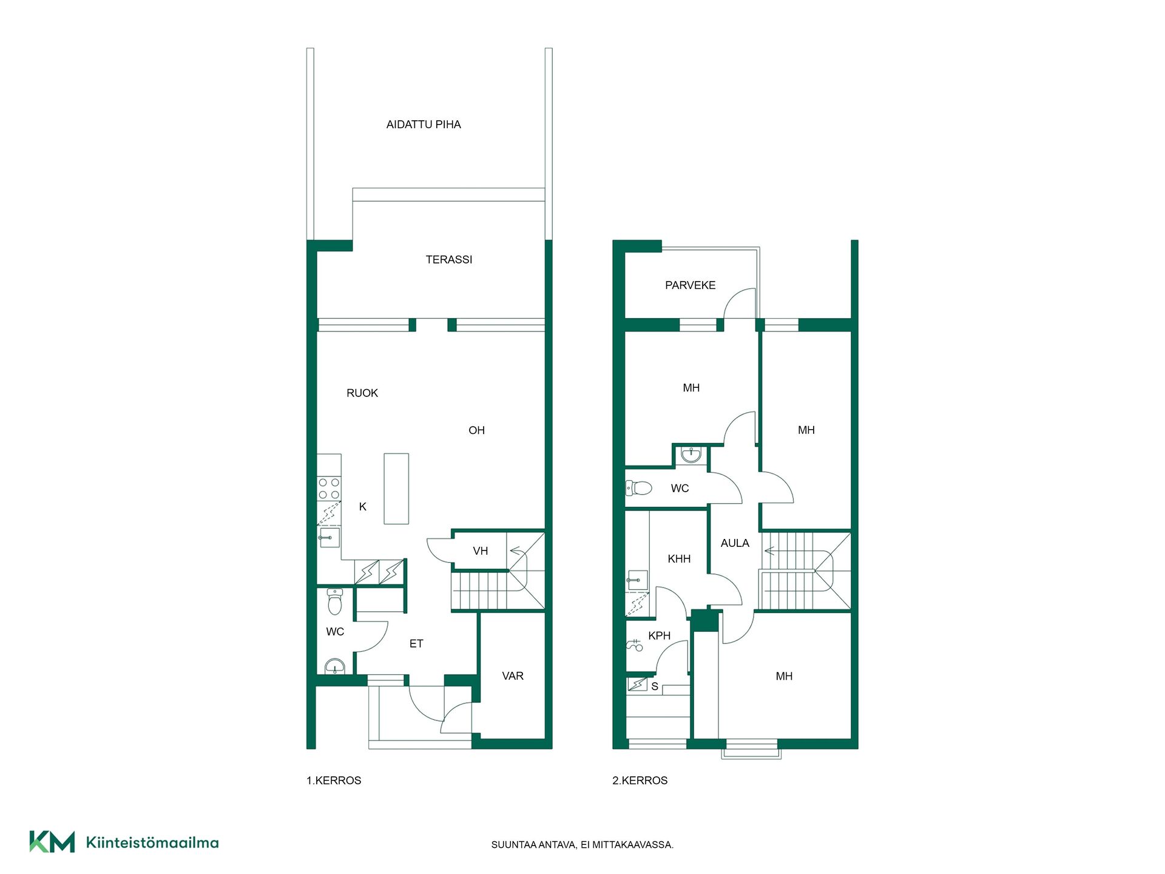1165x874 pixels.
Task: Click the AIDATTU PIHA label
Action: [424, 124]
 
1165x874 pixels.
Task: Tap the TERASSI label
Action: [448, 260]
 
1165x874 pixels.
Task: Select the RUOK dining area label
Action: [362, 393]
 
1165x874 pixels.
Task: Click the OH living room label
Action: [476, 430]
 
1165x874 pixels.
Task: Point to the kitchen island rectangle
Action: [396, 489]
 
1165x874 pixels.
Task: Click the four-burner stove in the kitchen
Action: [329, 489]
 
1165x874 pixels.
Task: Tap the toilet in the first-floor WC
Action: [335, 601]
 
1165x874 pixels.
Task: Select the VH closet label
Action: [480, 551]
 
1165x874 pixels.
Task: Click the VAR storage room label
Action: [513, 676]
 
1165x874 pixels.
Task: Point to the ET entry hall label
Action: [416, 644]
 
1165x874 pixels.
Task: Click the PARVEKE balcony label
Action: [690, 285]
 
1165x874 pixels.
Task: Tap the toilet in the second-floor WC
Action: [638, 487]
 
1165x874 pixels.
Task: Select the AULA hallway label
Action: [735, 543]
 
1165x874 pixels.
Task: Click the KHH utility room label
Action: [679, 559]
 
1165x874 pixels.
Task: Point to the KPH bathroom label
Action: [659, 636]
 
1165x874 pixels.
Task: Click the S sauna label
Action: [655, 686]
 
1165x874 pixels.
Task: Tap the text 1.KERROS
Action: [334, 781]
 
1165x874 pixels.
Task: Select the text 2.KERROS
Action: [640, 781]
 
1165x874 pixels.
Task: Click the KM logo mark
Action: [52, 842]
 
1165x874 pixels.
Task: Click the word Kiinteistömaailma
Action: [152, 842]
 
